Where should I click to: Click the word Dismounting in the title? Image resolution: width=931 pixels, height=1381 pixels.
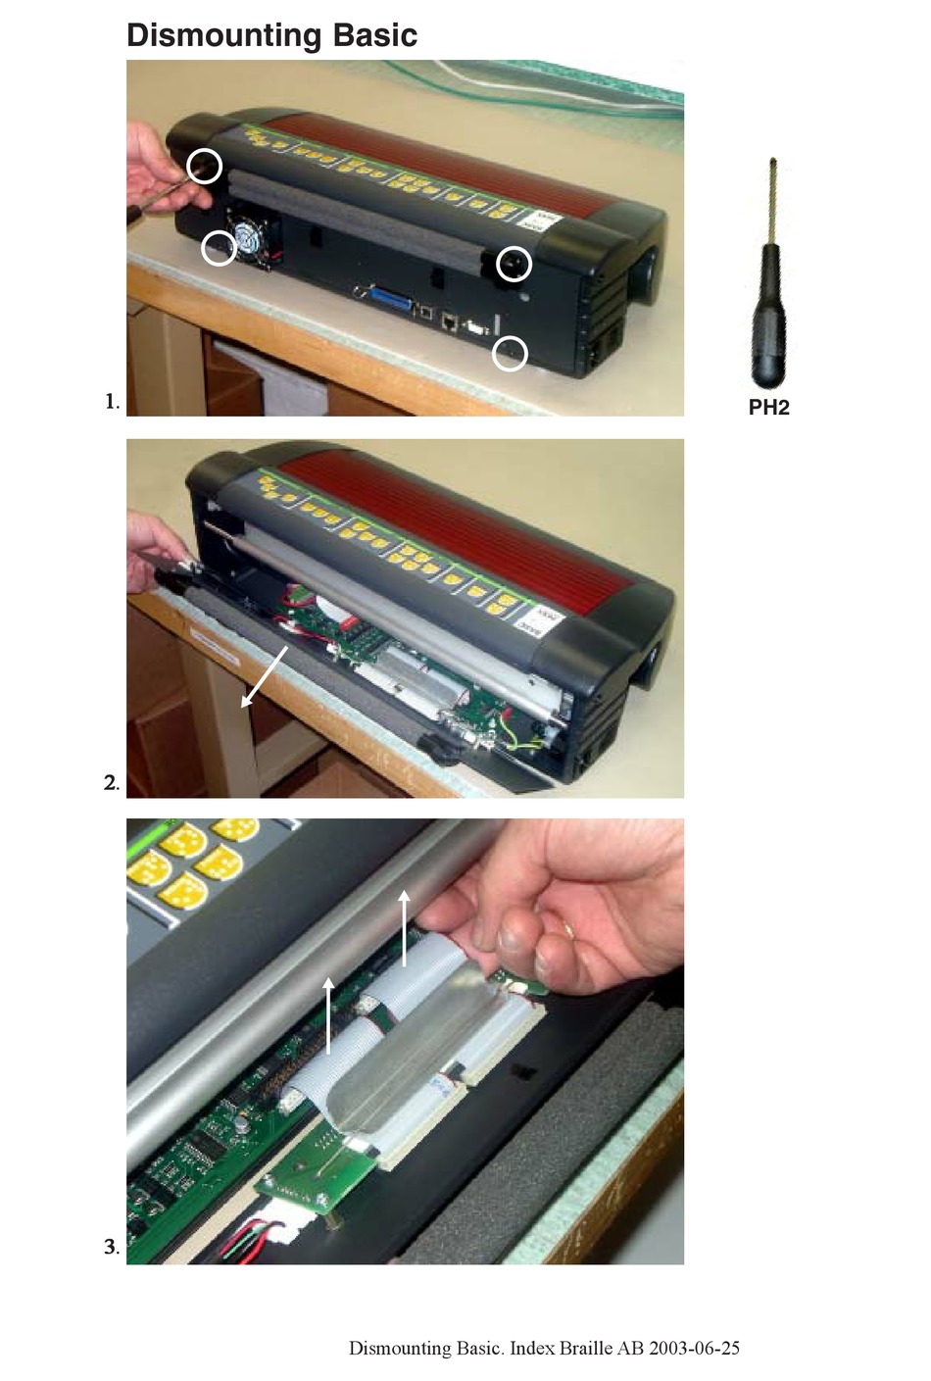pos(224,35)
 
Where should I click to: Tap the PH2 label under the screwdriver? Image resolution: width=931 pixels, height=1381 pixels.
pos(768,408)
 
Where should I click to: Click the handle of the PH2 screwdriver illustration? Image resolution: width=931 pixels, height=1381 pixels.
pos(768,333)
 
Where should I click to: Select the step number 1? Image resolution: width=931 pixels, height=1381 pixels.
pos(112,401)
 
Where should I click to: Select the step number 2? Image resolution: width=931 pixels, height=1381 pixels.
pos(112,783)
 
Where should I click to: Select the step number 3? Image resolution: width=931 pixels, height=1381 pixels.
pos(112,1248)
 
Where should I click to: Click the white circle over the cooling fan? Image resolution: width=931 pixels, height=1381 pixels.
pos(219,248)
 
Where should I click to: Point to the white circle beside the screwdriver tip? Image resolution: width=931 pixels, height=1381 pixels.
pos(205,166)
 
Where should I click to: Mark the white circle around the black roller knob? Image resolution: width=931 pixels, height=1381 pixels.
pos(514,264)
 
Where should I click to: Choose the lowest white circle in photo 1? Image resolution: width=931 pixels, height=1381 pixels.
pos(510,353)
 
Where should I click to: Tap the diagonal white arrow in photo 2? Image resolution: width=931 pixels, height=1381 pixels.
pos(264,676)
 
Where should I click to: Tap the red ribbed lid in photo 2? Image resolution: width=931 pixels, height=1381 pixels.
pos(461,529)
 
